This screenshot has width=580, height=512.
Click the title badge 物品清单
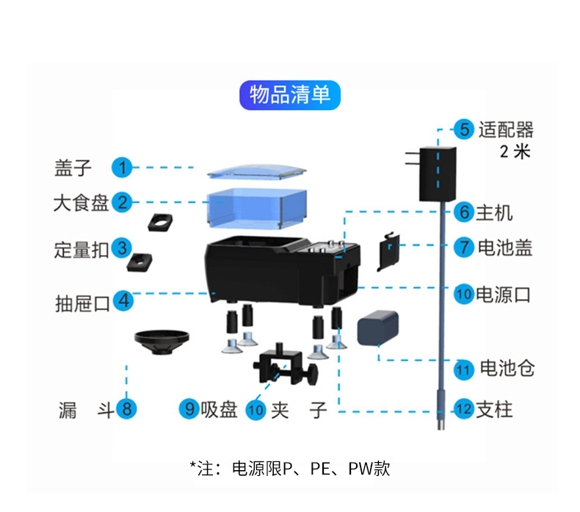pyautogui.click(x=290, y=95)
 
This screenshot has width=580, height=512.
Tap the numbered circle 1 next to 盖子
pyautogui.click(x=123, y=167)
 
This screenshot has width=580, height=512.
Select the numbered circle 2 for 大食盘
pyautogui.click(x=123, y=203)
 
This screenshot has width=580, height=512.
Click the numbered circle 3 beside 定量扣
pyautogui.click(x=123, y=248)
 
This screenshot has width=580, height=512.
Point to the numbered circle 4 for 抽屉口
pyautogui.click(x=123, y=300)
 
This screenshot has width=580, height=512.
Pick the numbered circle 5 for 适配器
pyautogui.click(x=463, y=130)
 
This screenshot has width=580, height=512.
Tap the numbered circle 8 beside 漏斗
pyautogui.click(x=126, y=409)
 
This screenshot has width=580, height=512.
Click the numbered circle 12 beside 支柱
pyautogui.click(x=463, y=409)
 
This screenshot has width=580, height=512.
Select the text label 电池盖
pyautogui.click(x=504, y=248)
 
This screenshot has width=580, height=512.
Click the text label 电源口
pyautogui.click(x=503, y=295)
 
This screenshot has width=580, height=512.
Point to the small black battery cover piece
pyautogui.click(x=389, y=251)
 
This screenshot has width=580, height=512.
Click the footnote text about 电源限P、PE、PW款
pyautogui.click(x=289, y=468)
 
